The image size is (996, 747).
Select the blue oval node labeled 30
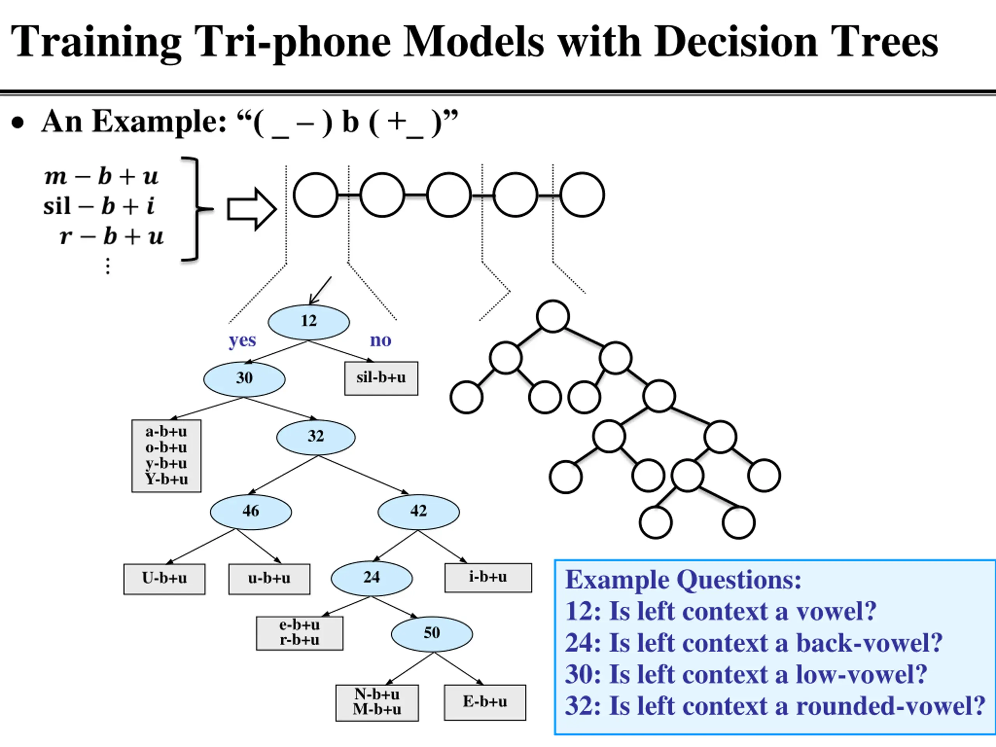(x=244, y=379)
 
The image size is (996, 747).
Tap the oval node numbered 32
(x=316, y=437)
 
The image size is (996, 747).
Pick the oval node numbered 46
(x=251, y=512)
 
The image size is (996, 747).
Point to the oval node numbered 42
(x=419, y=512)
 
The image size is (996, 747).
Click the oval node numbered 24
(x=372, y=578)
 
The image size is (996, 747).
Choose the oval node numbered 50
(x=432, y=634)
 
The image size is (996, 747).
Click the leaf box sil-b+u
(x=381, y=379)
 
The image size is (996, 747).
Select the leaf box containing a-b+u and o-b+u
(x=167, y=456)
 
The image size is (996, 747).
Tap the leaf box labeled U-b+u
(x=164, y=579)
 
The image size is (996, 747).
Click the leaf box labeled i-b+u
(x=488, y=578)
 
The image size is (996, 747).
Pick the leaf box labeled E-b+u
(x=485, y=702)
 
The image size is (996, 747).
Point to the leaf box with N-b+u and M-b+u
(x=377, y=703)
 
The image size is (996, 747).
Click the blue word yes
(x=242, y=340)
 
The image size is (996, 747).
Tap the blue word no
(x=381, y=340)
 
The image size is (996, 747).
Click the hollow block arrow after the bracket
(x=252, y=209)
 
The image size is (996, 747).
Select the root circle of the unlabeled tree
(x=553, y=316)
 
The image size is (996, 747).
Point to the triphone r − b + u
(x=112, y=237)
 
